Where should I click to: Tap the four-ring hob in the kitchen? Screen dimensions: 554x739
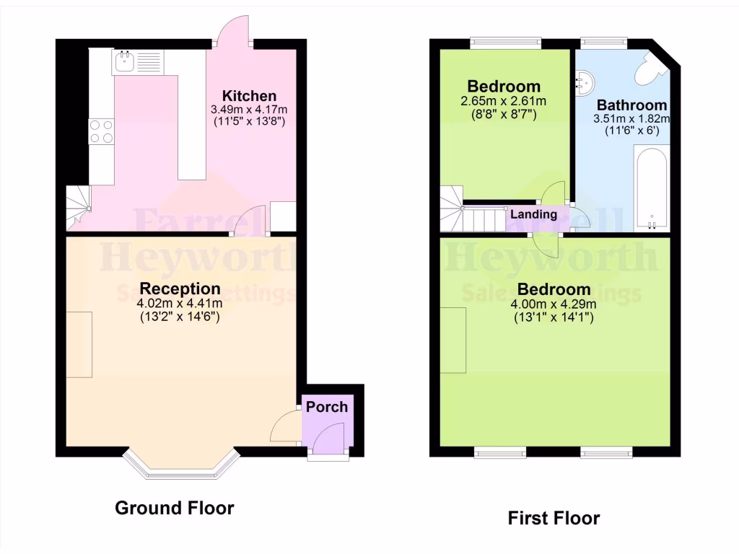[x=101, y=131]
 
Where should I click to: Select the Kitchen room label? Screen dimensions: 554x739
[x=248, y=96]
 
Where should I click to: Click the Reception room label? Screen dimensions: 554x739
[x=180, y=289]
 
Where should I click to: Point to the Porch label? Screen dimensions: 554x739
[x=327, y=407]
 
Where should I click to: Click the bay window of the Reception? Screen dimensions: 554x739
[x=180, y=467]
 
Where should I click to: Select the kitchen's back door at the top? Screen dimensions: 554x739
[x=232, y=36]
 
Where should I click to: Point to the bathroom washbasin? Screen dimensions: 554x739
[x=585, y=82]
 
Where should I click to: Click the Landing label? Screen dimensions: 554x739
[x=533, y=214]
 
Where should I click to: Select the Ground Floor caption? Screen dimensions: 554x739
[x=175, y=508]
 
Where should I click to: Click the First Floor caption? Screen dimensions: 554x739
[x=554, y=518]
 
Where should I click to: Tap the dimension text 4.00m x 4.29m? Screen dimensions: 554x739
[x=554, y=304]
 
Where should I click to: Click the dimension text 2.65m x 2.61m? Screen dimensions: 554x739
[x=504, y=101]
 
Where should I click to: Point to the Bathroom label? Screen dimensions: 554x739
[x=631, y=105]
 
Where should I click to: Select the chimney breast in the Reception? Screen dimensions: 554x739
[x=79, y=344]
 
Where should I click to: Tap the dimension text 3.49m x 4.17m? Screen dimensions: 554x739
[x=248, y=110]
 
